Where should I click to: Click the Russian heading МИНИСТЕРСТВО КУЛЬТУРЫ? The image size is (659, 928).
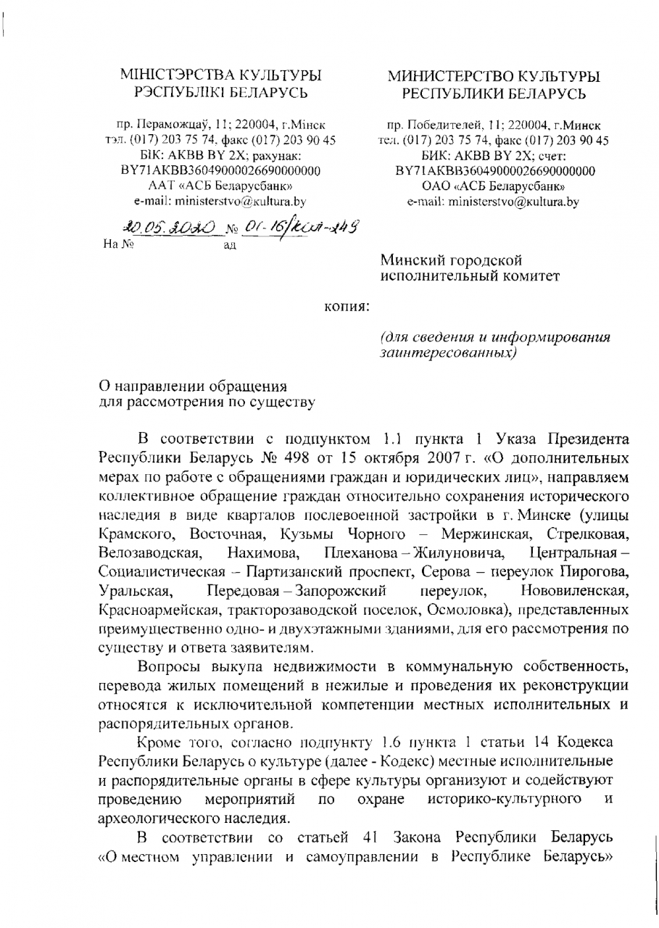pos(494,76)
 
